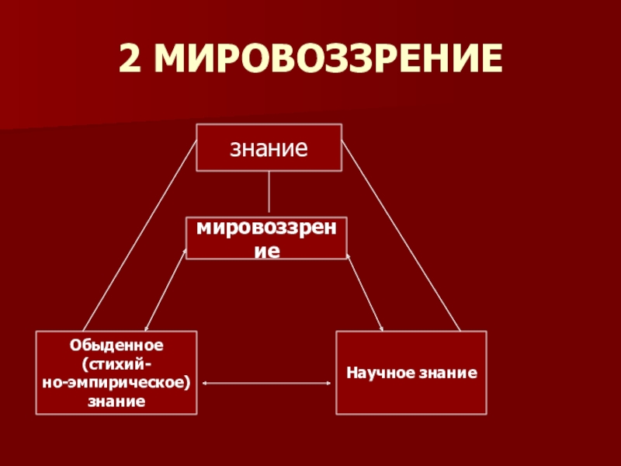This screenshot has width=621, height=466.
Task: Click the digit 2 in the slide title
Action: (x=130, y=60)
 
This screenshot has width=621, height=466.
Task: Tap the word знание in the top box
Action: (x=269, y=147)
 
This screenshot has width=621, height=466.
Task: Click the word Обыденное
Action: (x=116, y=343)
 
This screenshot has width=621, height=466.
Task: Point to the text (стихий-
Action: (x=116, y=363)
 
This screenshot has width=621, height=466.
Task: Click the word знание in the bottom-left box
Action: (x=116, y=402)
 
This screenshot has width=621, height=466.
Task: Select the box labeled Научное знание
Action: (x=411, y=372)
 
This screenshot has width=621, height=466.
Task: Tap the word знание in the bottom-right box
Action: (x=449, y=374)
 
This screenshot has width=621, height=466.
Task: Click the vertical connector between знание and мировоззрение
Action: (x=269, y=193)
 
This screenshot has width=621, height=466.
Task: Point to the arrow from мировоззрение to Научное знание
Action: (x=365, y=291)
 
